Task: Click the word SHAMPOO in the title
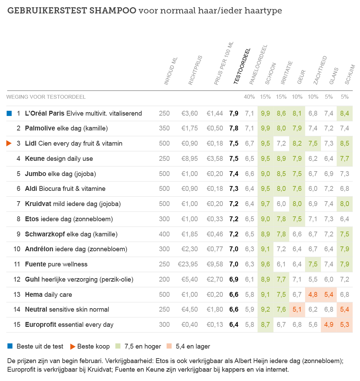click(x=113, y=11)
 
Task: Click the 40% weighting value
click(x=249, y=97)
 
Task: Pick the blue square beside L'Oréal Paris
click(x=9, y=113)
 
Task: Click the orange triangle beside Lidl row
click(x=9, y=143)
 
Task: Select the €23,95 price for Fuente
click(x=188, y=264)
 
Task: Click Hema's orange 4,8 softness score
click(x=313, y=294)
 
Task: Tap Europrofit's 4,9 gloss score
click(x=329, y=325)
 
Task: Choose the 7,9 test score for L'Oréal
click(x=234, y=113)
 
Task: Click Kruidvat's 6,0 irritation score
click(x=281, y=204)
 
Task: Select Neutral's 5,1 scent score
click(x=297, y=310)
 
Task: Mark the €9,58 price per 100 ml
click(x=215, y=264)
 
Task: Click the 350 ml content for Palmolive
click(x=164, y=128)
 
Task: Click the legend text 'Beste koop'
click(x=93, y=346)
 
